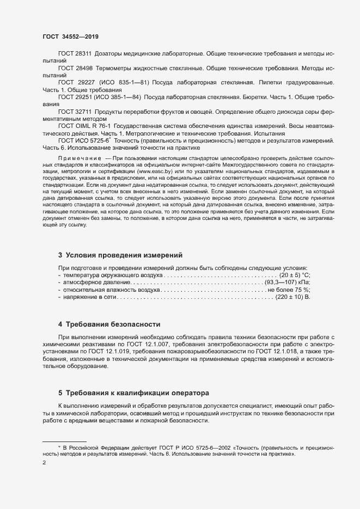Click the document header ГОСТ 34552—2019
(70, 36)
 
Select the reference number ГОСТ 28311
(75, 55)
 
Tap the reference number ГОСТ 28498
(75, 69)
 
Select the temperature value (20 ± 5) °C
(295, 276)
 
